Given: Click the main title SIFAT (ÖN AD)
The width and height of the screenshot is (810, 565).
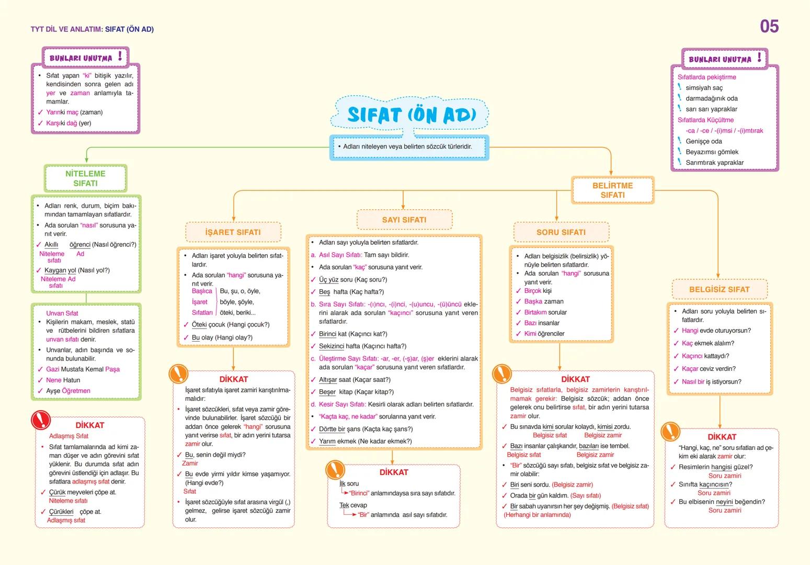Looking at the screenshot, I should click(x=411, y=115).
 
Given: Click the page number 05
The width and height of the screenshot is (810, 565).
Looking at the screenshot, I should click(x=769, y=26).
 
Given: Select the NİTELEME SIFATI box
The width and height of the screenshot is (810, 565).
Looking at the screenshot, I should click(x=86, y=178).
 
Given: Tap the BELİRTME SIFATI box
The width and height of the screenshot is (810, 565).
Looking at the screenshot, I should click(x=612, y=190).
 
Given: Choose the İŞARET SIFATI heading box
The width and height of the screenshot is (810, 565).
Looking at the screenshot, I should click(x=233, y=232).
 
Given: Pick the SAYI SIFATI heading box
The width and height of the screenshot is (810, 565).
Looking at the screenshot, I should click(x=404, y=220).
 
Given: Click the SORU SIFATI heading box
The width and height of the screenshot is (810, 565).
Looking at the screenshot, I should click(x=561, y=232).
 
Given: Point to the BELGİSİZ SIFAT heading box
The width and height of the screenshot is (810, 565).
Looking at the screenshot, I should click(x=719, y=289).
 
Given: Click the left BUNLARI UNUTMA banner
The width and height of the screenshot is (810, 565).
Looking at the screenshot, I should click(x=85, y=57).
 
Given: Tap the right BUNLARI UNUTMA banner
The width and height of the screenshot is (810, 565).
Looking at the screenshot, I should click(x=724, y=59).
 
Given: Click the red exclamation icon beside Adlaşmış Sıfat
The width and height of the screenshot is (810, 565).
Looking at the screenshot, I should click(x=41, y=420).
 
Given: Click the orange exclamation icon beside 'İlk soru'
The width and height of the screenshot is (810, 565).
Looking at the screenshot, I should click(x=335, y=470).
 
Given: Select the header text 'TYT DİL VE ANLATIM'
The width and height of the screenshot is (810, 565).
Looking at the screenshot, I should click(x=66, y=29).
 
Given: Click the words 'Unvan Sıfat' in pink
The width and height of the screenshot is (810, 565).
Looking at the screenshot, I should click(x=62, y=313).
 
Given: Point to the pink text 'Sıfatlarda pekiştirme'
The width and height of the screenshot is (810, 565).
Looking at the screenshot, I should click(x=706, y=77).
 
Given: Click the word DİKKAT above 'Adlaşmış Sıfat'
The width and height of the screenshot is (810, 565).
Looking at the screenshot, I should click(x=89, y=425).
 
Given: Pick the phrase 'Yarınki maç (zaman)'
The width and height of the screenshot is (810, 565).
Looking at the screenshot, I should click(x=74, y=112).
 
